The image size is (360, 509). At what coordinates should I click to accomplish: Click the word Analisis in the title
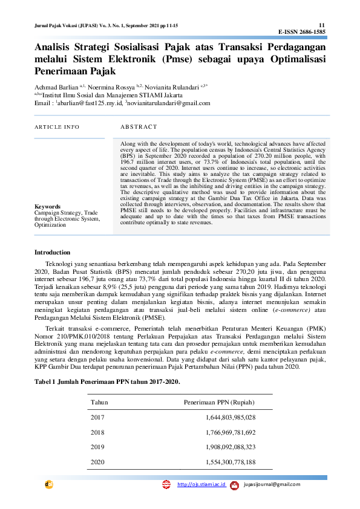[53, 48]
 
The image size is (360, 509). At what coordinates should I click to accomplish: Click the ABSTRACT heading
[139, 127]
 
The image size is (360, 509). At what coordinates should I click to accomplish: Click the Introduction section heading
[52, 252]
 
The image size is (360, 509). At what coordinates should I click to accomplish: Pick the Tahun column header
[99, 401]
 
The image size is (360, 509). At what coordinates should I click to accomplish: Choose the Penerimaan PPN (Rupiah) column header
[219, 401]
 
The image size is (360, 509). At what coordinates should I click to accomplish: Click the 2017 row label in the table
[97, 417]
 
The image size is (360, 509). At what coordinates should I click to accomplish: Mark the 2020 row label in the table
[97, 462]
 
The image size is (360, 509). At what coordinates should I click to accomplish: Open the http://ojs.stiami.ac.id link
[201, 485]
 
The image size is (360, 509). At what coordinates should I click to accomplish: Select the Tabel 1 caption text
[106, 381]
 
